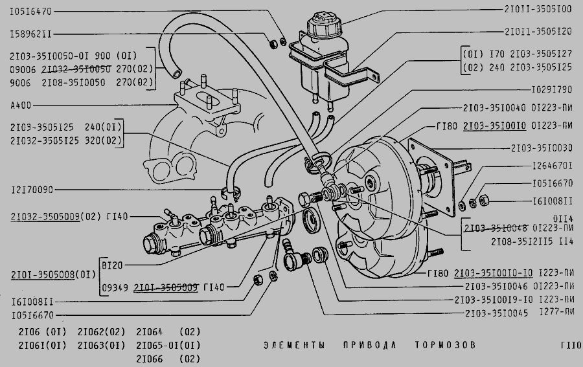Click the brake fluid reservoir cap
pyautogui.click(x=323, y=27)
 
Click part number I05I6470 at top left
pyautogui.click(x=30, y=11)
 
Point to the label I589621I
pyautogui.click(x=30, y=32)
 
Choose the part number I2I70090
pyautogui.click(x=31, y=190)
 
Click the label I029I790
pyautogui.click(x=547, y=89)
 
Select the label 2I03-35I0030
pyautogui.click(x=541, y=148)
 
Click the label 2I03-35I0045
pyautogui.click(x=496, y=313)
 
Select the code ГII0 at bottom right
pyautogui.click(x=571, y=344)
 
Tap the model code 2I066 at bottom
pyautogui.click(x=150, y=359)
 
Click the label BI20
pyautogui.click(x=112, y=265)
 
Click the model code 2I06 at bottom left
pyautogui.click(x=23, y=333)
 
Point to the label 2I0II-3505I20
pyautogui.click(x=537, y=31)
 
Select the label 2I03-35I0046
pyautogui.click(x=496, y=285)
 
